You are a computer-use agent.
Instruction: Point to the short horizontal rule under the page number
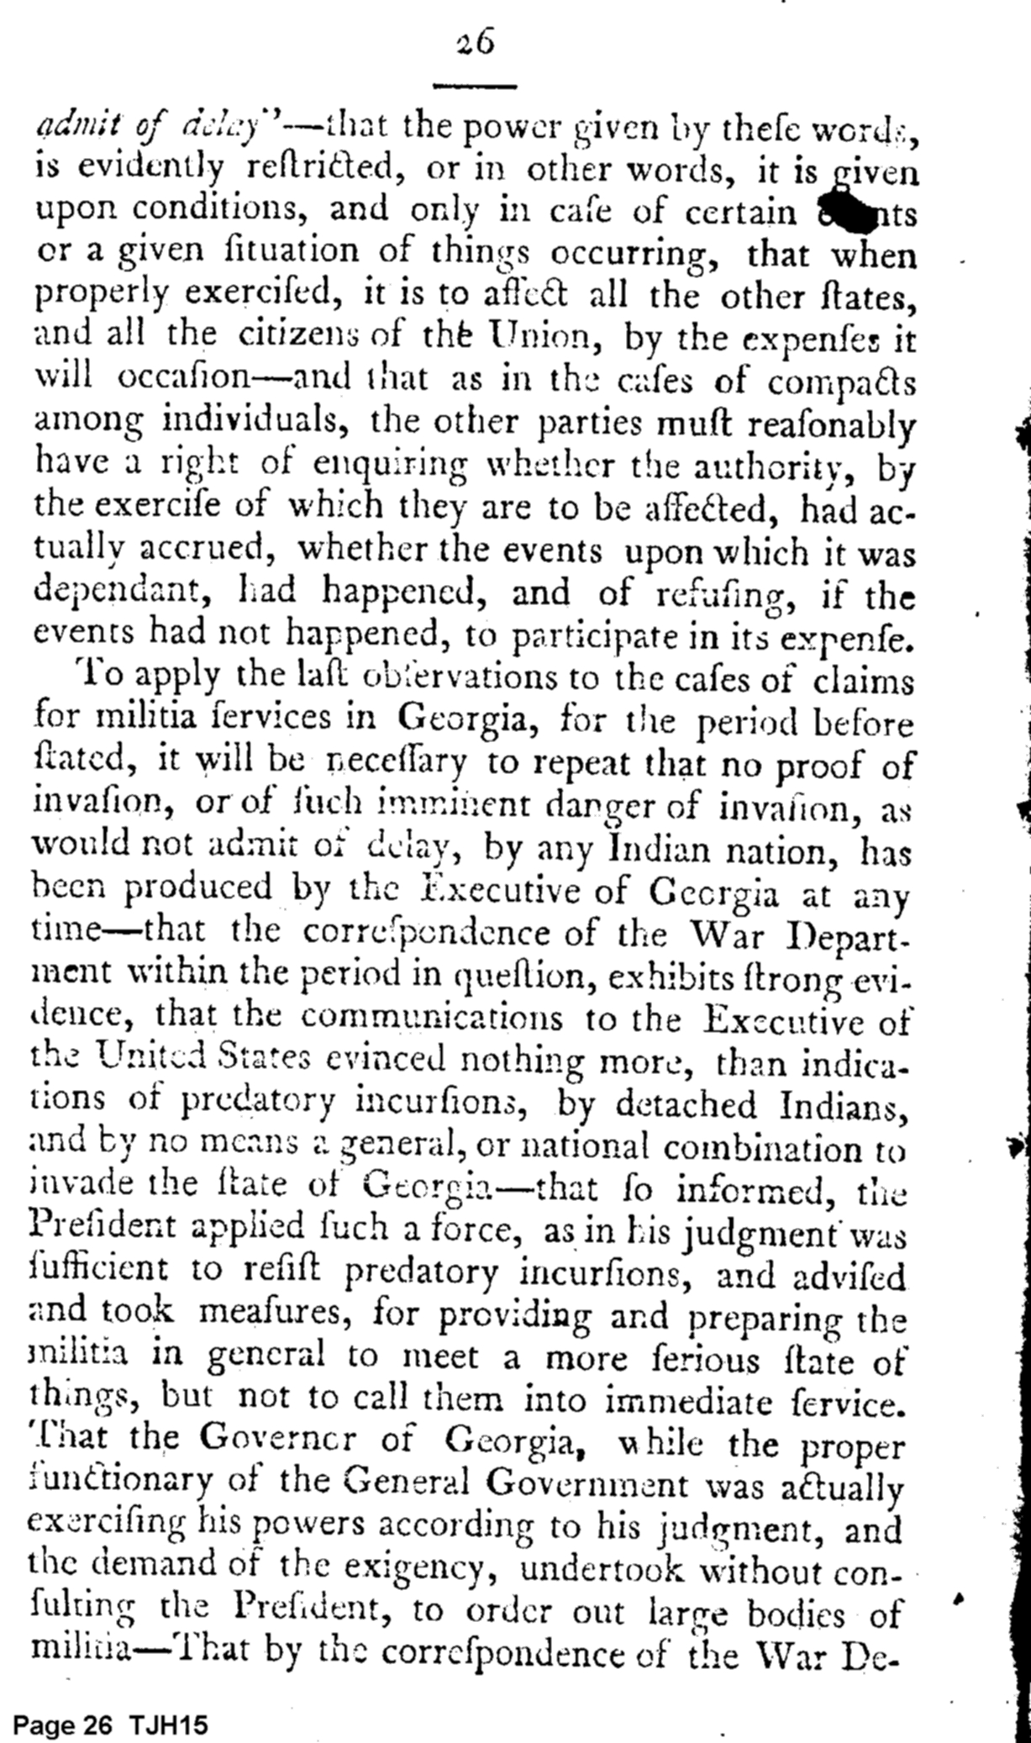click(475, 86)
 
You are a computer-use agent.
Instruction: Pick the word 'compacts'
click(841, 382)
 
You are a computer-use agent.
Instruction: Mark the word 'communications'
click(432, 1018)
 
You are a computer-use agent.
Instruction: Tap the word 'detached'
click(686, 1103)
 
